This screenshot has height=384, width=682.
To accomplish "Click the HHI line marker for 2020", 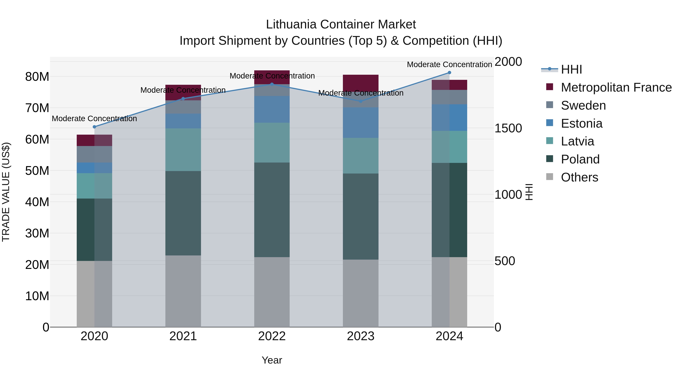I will click(x=94, y=127).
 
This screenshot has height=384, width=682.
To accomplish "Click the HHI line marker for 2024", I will click(x=449, y=73).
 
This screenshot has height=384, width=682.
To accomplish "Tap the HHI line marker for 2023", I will click(x=361, y=101).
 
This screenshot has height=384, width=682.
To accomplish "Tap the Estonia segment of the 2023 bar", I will click(x=361, y=123).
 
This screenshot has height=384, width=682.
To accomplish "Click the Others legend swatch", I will click(x=550, y=177).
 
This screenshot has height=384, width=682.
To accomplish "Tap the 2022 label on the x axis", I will click(x=272, y=336).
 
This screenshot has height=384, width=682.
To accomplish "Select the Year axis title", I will click(x=272, y=360).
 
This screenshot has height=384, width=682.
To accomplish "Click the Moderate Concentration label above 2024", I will click(x=449, y=64).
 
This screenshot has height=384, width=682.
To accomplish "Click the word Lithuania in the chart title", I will click(x=291, y=24).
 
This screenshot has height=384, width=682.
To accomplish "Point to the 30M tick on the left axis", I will click(x=37, y=233).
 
